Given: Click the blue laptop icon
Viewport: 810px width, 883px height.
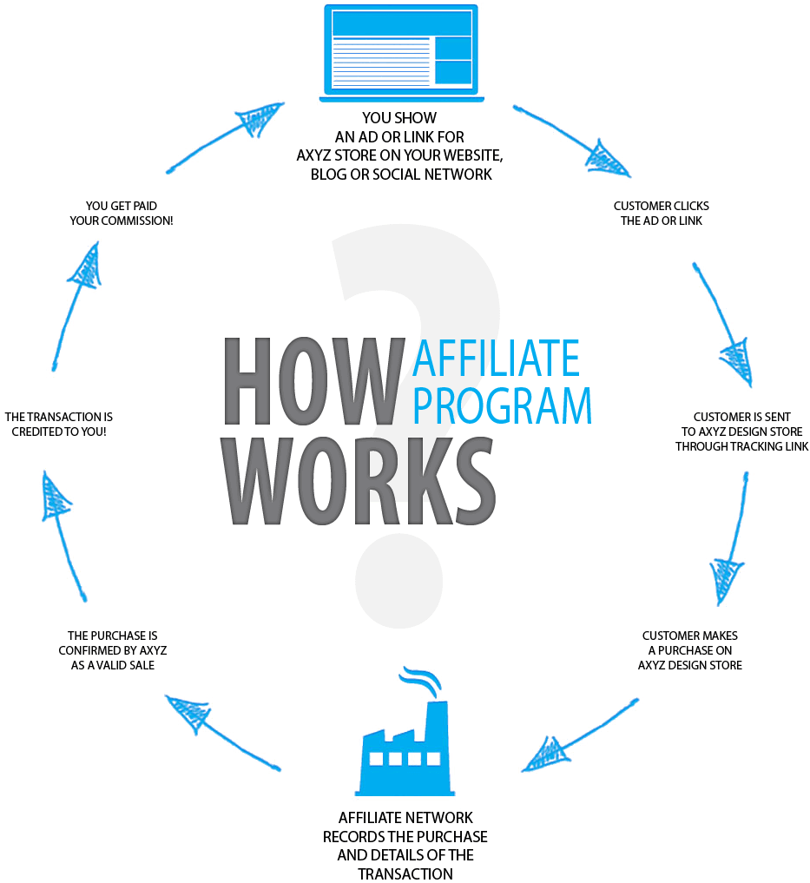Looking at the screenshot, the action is (401, 53).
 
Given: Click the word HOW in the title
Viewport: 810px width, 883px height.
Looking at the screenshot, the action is (314, 381).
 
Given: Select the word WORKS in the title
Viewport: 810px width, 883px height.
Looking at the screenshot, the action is (360, 480).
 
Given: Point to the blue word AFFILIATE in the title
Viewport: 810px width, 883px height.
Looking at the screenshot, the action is (496, 359).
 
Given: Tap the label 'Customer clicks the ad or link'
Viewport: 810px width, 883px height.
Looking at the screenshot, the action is (662, 214).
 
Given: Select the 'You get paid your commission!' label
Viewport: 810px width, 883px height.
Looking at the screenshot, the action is (121, 214).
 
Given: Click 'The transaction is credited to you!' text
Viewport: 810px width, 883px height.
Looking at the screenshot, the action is (58, 424).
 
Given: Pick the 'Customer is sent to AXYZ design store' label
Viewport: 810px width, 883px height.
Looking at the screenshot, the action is (741, 432).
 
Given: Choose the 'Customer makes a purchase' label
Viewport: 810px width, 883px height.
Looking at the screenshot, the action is (690, 650).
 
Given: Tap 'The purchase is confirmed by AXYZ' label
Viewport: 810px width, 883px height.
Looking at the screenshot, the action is (113, 650).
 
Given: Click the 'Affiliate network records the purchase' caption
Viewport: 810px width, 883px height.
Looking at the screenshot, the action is (405, 846).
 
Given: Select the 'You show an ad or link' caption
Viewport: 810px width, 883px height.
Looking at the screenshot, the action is (400, 146).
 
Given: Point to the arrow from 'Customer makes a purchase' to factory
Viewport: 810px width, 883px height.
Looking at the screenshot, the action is (579, 735).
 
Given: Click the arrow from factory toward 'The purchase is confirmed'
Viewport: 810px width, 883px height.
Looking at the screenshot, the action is (223, 733).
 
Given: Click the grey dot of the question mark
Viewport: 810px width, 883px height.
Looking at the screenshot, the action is (398, 581).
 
